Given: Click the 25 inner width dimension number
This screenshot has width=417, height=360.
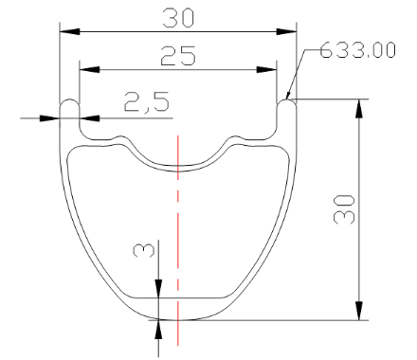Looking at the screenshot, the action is (x=178, y=56).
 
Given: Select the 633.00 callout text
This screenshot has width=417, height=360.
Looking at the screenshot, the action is (x=357, y=50).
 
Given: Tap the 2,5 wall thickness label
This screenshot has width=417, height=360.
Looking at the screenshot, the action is (x=147, y=101).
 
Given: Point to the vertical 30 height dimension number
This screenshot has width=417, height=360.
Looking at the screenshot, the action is (x=344, y=209).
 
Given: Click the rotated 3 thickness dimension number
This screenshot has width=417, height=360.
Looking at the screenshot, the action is (x=144, y=250).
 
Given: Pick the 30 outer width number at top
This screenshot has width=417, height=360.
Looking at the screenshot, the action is (x=178, y=18).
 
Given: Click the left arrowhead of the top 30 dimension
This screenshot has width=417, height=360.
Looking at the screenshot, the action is (x=69, y=31).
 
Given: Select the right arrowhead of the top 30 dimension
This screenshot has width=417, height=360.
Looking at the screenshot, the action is (x=286, y=31).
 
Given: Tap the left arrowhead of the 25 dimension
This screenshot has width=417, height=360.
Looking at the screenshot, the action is (x=89, y=69).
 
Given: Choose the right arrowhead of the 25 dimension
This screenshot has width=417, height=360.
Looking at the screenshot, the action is (x=266, y=69).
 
